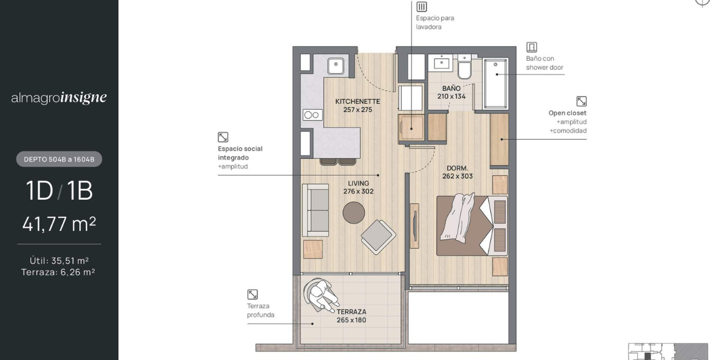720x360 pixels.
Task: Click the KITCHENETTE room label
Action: coord(358,101)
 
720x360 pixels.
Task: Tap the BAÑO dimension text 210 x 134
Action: coord(451,97)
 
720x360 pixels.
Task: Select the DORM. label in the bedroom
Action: coord(457,168)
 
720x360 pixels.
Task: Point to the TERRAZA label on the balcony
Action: coord(352,312)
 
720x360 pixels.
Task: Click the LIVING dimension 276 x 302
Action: coord(358,191)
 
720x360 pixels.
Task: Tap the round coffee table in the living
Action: coord(353,212)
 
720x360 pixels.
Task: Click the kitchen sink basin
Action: coord(335,66)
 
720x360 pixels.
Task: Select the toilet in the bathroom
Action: coord(464,67)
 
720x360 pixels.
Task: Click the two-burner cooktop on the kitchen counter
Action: coord(312,115)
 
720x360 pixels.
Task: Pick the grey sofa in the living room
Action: coord(316,210)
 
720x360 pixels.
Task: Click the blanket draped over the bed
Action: coord(457,218)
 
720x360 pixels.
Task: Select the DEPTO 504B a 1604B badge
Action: coord(59,159)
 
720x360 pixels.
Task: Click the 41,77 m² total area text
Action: coord(59,224)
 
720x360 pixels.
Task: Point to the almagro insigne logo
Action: coord(59,97)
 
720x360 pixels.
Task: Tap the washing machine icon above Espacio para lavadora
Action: coord(421,7)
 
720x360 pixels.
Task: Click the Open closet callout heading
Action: coord(568,113)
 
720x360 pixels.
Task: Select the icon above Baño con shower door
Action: coord(532,47)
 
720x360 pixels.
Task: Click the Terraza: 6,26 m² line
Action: coord(58,272)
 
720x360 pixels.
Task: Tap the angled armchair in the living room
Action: coord(379,236)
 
